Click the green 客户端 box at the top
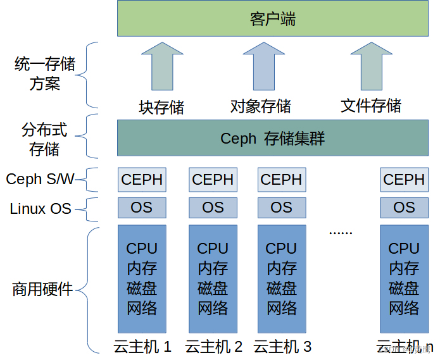[x=273, y=19]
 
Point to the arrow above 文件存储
[x=371, y=66]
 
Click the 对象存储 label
[x=260, y=106]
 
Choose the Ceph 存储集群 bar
[x=273, y=138]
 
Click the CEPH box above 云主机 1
[x=142, y=180]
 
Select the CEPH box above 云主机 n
[x=404, y=180]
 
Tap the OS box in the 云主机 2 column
[x=213, y=208]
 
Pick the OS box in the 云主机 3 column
[x=281, y=208]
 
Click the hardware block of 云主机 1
[x=142, y=278]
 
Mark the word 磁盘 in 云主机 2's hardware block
[x=213, y=289]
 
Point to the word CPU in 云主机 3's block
[x=281, y=249]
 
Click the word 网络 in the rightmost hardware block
[x=404, y=309]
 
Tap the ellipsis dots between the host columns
[x=341, y=232]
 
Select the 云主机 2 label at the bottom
[x=213, y=347]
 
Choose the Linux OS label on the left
[x=41, y=208]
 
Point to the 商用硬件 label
[x=42, y=290]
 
